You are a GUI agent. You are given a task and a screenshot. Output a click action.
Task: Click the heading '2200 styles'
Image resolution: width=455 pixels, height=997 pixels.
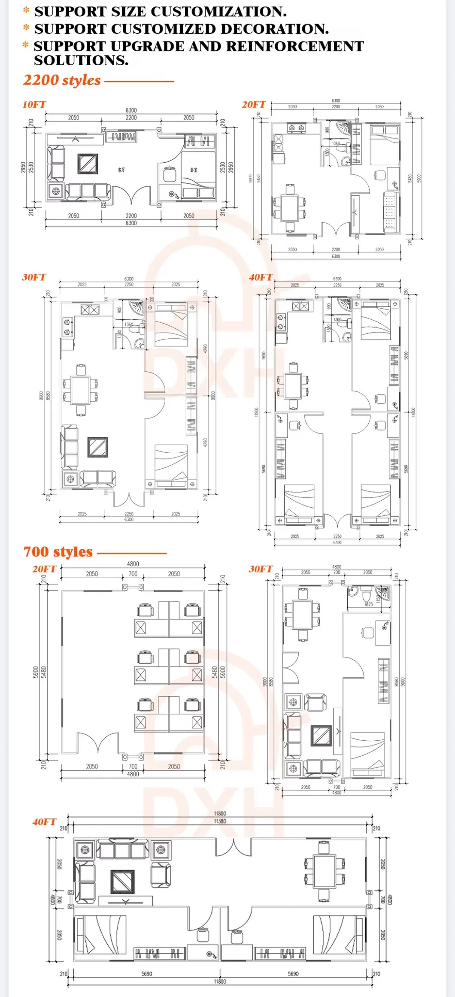click(62, 80)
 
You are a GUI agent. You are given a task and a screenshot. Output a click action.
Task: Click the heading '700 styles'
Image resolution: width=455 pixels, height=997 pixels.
click(58, 552)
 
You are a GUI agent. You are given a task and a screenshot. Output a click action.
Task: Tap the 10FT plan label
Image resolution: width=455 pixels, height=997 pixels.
click(34, 105)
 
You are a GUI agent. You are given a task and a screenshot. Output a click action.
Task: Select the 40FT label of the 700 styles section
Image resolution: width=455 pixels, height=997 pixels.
click(44, 822)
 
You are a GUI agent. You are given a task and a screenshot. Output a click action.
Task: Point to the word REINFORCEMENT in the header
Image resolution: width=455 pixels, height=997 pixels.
click(295, 46)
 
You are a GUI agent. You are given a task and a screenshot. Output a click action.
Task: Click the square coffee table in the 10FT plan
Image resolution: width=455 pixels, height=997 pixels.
click(88, 164)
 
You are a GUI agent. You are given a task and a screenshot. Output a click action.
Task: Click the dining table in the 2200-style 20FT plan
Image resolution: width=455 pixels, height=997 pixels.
click(290, 208)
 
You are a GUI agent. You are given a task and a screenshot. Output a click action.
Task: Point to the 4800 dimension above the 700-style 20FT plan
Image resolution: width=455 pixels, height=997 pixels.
click(133, 564)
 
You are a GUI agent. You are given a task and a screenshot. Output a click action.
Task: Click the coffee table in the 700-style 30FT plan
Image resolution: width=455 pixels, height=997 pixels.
click(321, 736)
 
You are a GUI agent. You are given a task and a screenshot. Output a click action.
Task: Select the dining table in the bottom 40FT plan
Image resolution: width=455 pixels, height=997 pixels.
click(324, 871)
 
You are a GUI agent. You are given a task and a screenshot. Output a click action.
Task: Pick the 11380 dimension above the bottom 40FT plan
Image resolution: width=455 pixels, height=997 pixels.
click(220, 821)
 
